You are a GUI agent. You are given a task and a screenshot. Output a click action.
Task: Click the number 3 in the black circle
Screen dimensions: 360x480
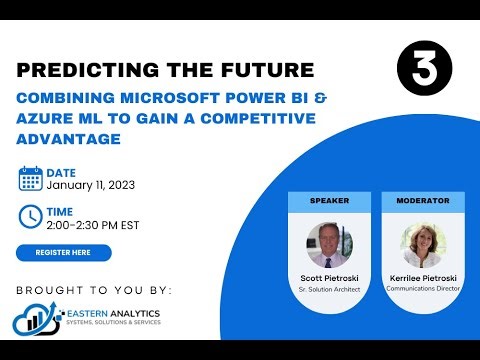pyautogui.click(x=424, y=69)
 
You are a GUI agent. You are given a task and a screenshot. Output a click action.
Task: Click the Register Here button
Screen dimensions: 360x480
pyautogui.click(x=64, y=252)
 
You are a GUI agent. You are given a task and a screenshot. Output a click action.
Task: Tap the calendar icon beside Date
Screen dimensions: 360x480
pyautogui.click(x=30, y=179)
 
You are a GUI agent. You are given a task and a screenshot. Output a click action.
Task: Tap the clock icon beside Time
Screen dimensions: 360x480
pyautogui.click(x=30, y=216)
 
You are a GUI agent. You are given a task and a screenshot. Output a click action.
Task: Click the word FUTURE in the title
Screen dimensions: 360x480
pyautogui.click(x=267, y=71)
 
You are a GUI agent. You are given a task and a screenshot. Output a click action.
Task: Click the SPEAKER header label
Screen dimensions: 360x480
pyautogui.click(x=329, y=200)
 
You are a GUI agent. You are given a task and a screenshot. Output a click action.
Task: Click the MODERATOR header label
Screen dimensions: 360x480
pyautogui.click(x=422, y=200)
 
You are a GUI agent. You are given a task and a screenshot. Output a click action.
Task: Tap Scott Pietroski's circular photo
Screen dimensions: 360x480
pyautogui.click(x=329, y=243)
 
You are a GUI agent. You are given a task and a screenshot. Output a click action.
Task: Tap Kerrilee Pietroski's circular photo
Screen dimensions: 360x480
pyautogui.click(x=422, y=243)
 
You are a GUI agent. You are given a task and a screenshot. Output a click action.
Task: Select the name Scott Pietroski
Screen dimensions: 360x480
pyautogui.click(x=329, y=277)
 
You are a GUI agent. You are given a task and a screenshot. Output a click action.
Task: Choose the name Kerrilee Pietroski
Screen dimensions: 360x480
pyautogui.click(x=422, y=277)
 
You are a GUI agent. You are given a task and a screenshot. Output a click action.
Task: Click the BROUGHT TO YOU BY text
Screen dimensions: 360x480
pyautogui.click(x=94, y=290)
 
